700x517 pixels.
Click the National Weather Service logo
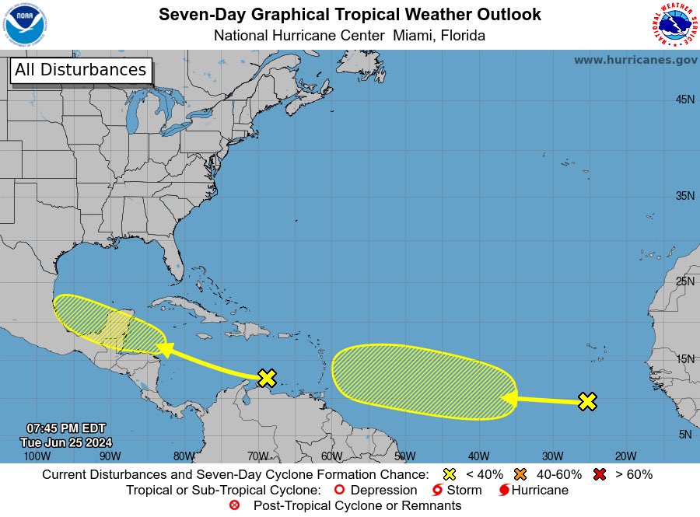pyautogui.click(x=672, y=25)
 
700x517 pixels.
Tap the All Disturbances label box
pyautogui.click(x=80, y=70)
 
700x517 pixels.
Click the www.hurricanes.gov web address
pyautogui.click(x=635, y=60)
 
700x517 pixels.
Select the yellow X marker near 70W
pyautogui.click(x=267, y=378)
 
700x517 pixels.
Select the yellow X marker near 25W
pyautogui.click(x=588, y=401)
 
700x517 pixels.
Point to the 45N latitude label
pyautogui.click(x=684, y=100)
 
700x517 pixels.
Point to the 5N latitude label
pyautogui.click(x=685, y=435)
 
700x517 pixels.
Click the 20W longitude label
pyautogui.click(x=625, y=456)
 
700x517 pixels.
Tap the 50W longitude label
pyautogui.click(x=404, y=456)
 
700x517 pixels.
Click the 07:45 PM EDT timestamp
pyautogui.click(x=65, y=428)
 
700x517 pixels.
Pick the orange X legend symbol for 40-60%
pyautogui.click(x=520, y=474)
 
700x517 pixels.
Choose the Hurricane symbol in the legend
pyautogui.click(x=504, y=491)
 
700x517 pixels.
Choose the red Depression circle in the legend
pyautogui.click(x=338, y=491)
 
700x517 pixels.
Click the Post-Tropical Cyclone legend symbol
pyautogui.click(x=235, y=505)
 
